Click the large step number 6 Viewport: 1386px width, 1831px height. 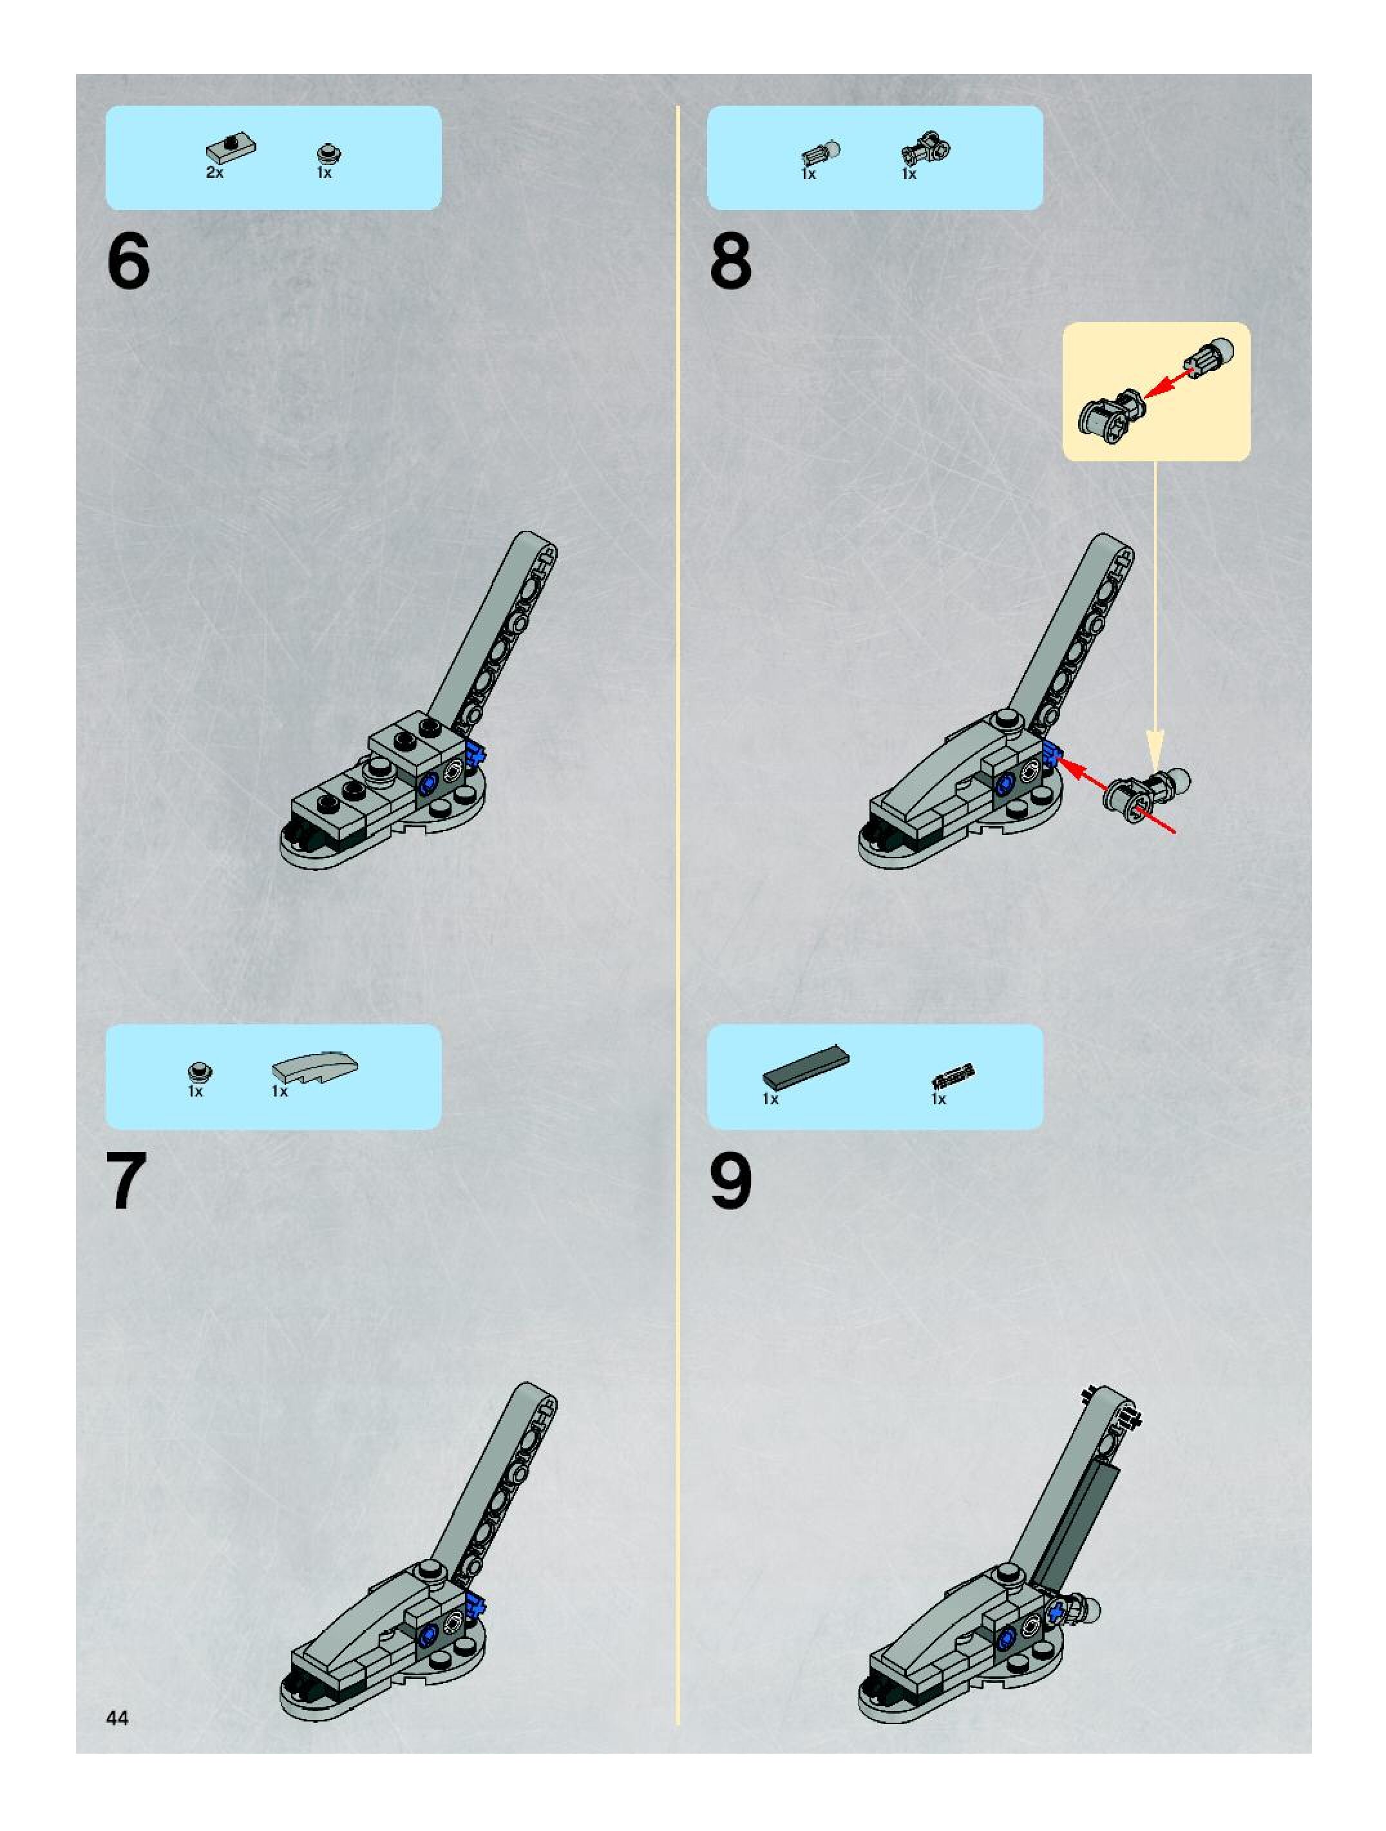click(129, 261)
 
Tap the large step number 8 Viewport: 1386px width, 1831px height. click(730, 261)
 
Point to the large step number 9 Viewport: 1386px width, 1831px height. click(730, 1180)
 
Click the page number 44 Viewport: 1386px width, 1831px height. click(117, 1718)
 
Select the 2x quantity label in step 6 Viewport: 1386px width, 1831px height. click(214, 173)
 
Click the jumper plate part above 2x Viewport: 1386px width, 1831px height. click(231, 149)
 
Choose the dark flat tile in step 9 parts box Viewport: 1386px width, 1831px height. click(806, 1067)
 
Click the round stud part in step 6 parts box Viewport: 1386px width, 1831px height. click(328, 154)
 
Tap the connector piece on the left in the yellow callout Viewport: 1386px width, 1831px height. click(1111, 410)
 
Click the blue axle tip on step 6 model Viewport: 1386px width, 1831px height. click(474, 753)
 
